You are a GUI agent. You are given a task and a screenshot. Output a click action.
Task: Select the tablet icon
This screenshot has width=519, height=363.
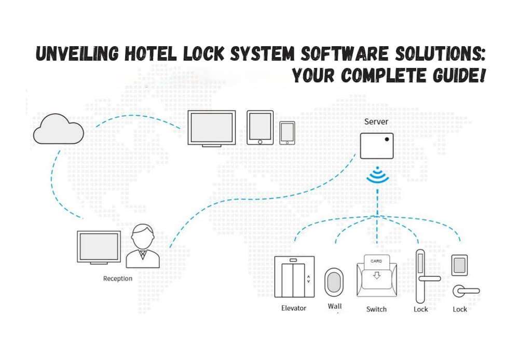259,127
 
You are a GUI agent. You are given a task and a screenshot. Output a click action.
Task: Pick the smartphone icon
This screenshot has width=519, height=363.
287,133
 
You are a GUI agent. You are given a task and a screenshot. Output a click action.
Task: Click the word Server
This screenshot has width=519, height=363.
376,122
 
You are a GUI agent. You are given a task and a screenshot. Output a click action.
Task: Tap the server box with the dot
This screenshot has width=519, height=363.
376,146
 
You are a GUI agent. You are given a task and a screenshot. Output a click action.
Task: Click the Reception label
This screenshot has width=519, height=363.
117,278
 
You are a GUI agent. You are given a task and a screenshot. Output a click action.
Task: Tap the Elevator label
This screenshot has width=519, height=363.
293,308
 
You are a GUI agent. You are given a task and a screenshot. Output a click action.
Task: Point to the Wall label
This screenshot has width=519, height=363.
335,306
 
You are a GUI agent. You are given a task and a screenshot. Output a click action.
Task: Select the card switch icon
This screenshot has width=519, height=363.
376,277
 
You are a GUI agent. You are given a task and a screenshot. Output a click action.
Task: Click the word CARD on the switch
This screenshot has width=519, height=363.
376,261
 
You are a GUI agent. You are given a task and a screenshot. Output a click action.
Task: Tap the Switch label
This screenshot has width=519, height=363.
376,309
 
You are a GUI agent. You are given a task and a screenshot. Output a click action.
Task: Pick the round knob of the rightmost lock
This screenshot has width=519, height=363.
459,291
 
